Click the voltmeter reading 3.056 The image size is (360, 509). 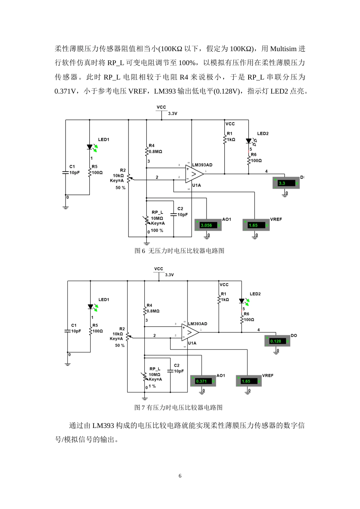click(x=207, y=225)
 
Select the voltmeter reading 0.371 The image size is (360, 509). click(x=203, y=381)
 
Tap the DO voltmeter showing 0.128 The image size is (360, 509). click(x=277, y=341)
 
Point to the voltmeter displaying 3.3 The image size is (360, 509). click(x=286, y=183)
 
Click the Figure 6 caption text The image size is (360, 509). click(x=179, y=251)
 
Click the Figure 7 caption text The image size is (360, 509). click(x=178, y=408)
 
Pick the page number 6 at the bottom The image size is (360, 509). click(x=180, y=476)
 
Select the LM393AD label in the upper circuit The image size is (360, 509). click(x=202, y=165)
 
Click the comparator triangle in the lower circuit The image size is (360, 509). click(x=190, y=332)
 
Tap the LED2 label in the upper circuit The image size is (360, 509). click(x=263, y=134)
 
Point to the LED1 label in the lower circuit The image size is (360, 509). click(x=104, y=300)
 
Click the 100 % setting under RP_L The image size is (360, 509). click(x=157, y=230)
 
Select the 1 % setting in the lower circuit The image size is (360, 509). click(x=152, y=386)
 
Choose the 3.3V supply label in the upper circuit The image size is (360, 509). click(x=172, y=114)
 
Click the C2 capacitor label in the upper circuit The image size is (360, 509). click(x=180, y=209)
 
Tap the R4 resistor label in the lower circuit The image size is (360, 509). click(x=149, y=305)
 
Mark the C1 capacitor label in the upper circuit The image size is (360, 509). click(x=72, y=167)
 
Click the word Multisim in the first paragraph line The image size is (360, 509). click(x=283, y=49)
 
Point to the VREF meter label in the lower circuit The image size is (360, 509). click(x=268, y=376)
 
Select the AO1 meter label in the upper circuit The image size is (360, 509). click(x=227, y=219)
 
